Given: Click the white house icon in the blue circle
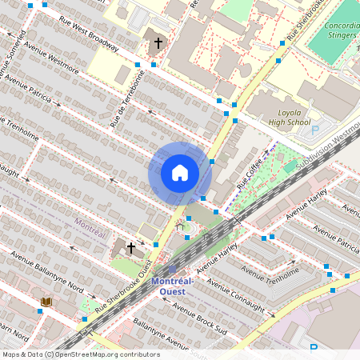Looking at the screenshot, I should (180, 173).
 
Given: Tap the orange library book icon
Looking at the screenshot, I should (46, 302).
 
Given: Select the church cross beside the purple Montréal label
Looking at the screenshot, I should (130, 249).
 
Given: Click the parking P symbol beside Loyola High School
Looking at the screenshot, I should (314, 130).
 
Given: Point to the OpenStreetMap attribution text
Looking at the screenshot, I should (80, 354).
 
